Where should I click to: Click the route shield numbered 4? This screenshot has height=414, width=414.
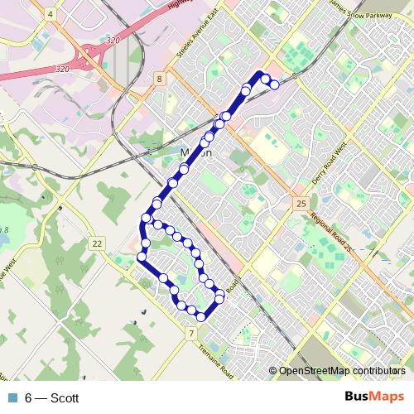pos(51,14)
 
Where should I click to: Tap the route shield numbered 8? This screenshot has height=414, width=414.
pos(158,79)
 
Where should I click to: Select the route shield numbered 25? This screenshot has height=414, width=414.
pos(301,203)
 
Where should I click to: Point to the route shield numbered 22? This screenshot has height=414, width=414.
pos(98,243)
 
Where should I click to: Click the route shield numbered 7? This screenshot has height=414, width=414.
pos(191,334)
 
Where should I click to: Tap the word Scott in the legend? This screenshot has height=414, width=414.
pos(65,397)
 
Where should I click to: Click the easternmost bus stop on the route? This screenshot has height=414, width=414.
pos(274,84)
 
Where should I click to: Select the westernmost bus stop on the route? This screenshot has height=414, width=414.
pos(141,258)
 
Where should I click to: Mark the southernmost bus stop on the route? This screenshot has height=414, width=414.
pos(201,315)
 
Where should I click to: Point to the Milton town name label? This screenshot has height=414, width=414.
pos(196,153)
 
